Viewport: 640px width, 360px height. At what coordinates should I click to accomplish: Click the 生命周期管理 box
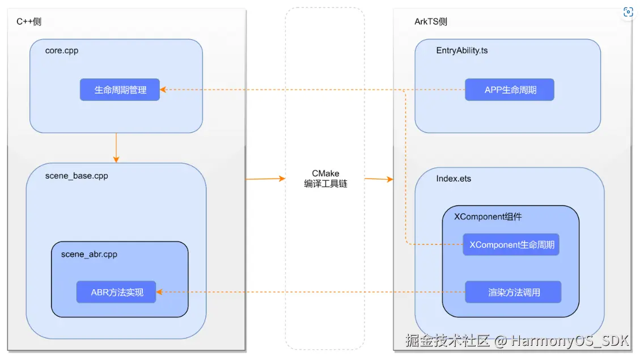click(120, 90)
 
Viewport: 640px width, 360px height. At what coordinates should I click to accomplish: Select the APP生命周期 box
click(509, 90)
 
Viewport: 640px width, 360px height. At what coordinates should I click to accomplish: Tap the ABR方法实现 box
click(116, 292)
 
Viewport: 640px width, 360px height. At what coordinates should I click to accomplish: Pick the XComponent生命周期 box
click(511, 245)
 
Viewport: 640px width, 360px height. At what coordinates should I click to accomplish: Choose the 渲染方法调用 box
click(513, 292)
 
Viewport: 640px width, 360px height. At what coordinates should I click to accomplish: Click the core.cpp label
click(62, 50)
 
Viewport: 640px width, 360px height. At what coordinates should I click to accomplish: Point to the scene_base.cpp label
click(76, 176)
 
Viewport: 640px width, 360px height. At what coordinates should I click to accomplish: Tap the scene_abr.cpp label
click(89, 254)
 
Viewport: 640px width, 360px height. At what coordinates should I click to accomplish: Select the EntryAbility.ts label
click(461, 50)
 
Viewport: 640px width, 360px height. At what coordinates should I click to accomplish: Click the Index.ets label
click(453, 179)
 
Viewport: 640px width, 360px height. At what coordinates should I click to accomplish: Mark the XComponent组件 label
click(488, 216)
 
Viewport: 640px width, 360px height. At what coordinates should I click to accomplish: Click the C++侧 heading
click(29, 22)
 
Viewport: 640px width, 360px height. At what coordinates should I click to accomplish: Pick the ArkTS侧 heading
click(430, 22)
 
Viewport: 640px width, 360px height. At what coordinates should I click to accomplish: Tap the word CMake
click(325, 173)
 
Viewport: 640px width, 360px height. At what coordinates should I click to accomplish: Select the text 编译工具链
click(325, 183)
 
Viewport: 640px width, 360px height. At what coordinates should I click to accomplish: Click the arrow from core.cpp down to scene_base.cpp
click(116, 147)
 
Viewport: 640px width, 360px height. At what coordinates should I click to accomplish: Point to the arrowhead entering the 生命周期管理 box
click(163, 90)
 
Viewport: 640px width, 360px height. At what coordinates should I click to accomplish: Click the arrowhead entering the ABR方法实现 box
click(160, 292)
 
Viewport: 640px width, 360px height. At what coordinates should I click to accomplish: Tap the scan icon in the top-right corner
click(628, 12)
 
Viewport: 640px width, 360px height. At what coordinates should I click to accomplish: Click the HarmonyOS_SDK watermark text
click(570, 341)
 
